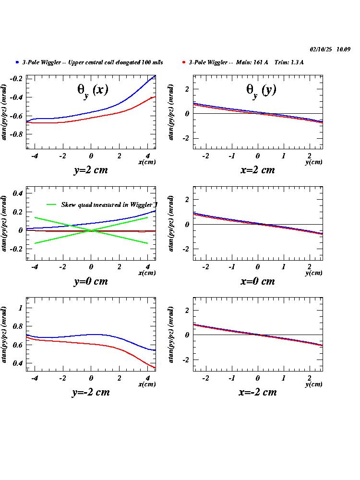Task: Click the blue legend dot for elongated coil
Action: click(x=17, y=62)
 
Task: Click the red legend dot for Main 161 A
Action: click(x=184, y=62)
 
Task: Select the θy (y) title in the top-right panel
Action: click(x=261, y=89)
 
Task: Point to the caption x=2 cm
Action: click(x=258, y=170)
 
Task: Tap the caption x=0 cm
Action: click(x=258, y=281)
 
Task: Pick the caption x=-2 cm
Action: click(x=258, y=392)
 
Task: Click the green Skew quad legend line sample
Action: click(x=52, y=204)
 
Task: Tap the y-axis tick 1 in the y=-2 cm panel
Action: click(x=20, y=308)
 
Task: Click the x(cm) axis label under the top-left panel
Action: click(x=147, y=162)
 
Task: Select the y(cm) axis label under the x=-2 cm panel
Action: click(x=314, y=384)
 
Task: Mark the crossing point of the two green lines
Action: click(x=91, y=230)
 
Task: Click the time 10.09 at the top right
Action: click(x=344, y=49)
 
